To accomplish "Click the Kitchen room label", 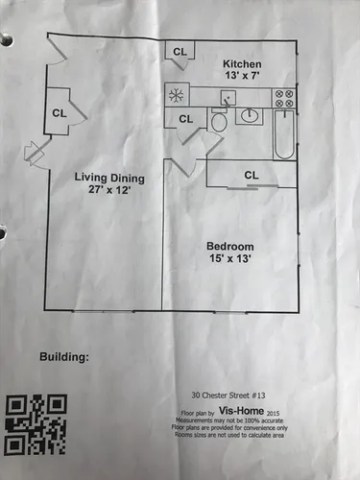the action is click(x=242, y=64).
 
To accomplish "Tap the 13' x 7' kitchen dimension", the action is click(x=242, y=76).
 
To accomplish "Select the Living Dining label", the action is click(x=109, y=178).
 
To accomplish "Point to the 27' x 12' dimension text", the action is click(x=109, y=190).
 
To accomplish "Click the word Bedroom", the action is click(x=230, y=247).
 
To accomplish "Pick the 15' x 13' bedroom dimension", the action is click(x=229, y=258).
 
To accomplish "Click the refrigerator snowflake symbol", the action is click(x=176, y=95).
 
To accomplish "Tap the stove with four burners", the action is click(x=284, y=98).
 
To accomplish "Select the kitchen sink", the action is click(x=228, y=98).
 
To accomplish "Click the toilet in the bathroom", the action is click(x=219, y=120).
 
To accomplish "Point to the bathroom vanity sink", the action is click(x=250, y=116).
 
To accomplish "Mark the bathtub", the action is click(x=284, y=134).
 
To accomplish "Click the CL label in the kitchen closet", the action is click(x=180, y=52).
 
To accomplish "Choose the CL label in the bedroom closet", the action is click(x=252, y=175).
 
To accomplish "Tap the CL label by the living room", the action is click(x=60, y=113).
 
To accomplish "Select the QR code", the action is click(x=36, y=424).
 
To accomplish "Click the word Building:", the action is click(x=64, y=357).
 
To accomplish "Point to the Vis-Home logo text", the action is click(x=242, y=411).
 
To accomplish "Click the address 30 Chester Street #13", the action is click(x=228, y=396).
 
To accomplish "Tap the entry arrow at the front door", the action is click(x=34, y=152).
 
